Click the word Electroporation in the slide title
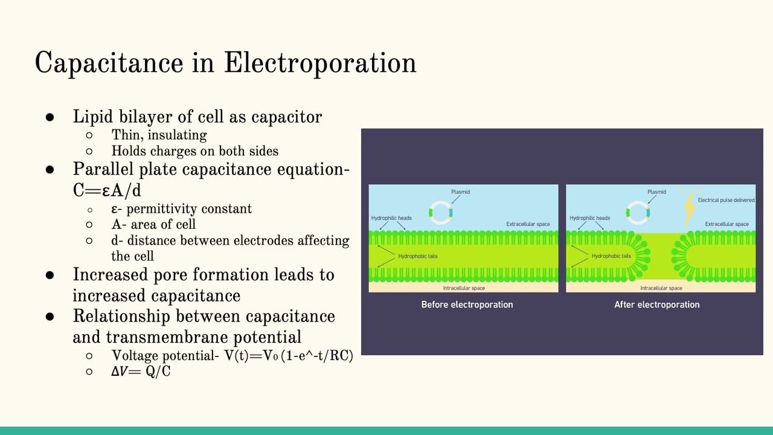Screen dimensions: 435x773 click(319, 63)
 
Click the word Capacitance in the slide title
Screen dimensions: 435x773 click(109, 63)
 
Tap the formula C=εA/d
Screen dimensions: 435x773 click(107, 190)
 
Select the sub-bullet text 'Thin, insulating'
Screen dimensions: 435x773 click(159, 135)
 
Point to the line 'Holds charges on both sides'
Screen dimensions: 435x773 click(194, 151)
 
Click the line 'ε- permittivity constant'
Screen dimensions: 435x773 click(181, 209)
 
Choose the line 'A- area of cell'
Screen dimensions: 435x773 click(153, 225)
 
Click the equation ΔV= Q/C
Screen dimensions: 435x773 click(141, 371)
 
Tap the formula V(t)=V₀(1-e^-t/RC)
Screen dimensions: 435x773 click(289, 355)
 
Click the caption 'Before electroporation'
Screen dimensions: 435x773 click(467, 304)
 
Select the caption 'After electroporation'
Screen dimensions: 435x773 click(656, 304)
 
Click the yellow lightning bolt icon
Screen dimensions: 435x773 click(689, 206)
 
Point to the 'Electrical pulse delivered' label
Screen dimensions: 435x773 click(726, 200)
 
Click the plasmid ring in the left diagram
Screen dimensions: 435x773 click(440, 213)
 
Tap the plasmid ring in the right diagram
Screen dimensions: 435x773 click(638, 213)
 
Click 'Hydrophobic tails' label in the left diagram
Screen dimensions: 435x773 click(417, 256)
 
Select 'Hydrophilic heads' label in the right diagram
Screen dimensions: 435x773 click(589, 218)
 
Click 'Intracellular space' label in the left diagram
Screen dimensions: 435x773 click(464, 288)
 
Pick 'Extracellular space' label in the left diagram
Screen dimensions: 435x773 click(528, 224)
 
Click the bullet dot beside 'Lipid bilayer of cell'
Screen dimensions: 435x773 click(50, 117)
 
